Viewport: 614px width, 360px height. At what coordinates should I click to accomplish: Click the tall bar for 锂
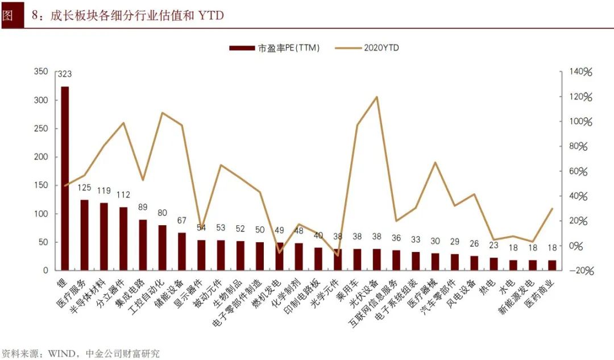coord(65,179)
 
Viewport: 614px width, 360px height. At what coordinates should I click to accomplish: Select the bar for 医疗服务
coord(84,234)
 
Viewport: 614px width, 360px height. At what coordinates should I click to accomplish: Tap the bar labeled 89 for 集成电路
coord(143,245)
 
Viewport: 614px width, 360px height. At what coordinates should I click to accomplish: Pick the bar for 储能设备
coord(182,251)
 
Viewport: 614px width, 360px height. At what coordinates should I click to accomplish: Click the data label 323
coord(65,74)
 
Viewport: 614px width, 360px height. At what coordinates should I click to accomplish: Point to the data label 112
coord(123,195)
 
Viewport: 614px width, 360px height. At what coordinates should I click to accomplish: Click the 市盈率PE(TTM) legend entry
coord(275,48)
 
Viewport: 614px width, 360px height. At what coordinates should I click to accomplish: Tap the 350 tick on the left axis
coord(41,72)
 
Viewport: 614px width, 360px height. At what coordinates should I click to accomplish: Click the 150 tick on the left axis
coord(41,185)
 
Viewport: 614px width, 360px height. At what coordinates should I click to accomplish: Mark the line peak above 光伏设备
coord(376,97)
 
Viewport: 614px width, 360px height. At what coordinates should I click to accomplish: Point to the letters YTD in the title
coord(210,15)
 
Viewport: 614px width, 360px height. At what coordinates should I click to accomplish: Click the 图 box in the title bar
coord(8,15)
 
